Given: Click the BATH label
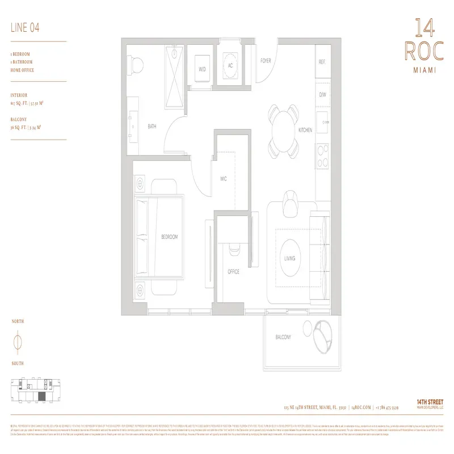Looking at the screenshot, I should (x=152, y=127).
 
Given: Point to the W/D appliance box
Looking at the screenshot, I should (x=202, y=69).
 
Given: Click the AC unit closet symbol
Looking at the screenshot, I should (x=231, y=65).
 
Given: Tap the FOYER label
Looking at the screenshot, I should (x=265, y=61).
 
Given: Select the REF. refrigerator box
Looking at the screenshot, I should (x=322, y=62).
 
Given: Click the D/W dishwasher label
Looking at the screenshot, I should (x=322, y=95).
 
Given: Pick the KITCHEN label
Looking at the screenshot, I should (x=305, y=130).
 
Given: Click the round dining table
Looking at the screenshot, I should (x=284, y=130).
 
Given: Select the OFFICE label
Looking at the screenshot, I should (x=233, y=272).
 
